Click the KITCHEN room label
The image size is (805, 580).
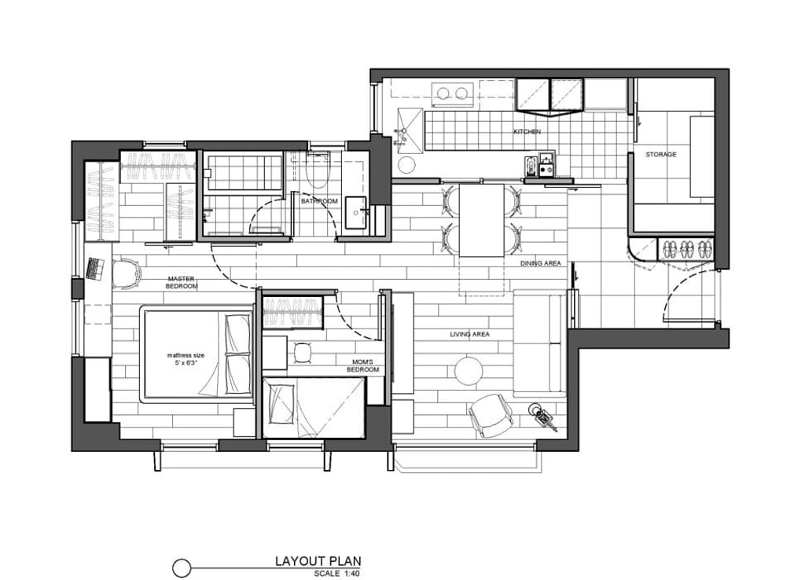pyautogui.click(x=527, y=132)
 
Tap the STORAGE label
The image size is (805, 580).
pyautogui.click(x=660, y=155)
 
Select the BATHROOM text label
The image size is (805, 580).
pyautogui.click(x=319, y=201)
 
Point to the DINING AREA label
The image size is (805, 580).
pyautogui.click(x=541, y=263)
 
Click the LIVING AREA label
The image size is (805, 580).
pyautogui.click(x=470, y=335)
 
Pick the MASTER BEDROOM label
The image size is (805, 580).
pyautogui.click(x=182, y=283)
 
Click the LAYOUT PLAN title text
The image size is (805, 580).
pyautogui.click(x=318, y=561)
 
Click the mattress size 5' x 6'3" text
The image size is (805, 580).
pyautogui.click(x=186, y=359)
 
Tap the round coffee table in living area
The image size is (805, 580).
pyautogui.click(x=469, y=371)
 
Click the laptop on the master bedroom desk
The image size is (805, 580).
pyautogui.click(x=95, y=269)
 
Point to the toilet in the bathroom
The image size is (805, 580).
pyautogui.click(x=318, y=170)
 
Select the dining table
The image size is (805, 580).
pyautogui.click(x=482, y=220)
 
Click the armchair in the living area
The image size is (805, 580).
pyautogui.click(x=491, y=416)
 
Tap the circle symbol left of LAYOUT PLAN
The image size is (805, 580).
pyautogui.click(x=182, y=568)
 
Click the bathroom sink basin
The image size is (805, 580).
pyautogui.click(x=356, y=212)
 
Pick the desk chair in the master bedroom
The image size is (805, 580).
pyautogui.click(x=127, y=273)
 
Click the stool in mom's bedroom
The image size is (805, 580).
pyautogui.click(x=303, y=353)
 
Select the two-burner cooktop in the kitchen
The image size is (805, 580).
pyautogui.click(x=452, y=94)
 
